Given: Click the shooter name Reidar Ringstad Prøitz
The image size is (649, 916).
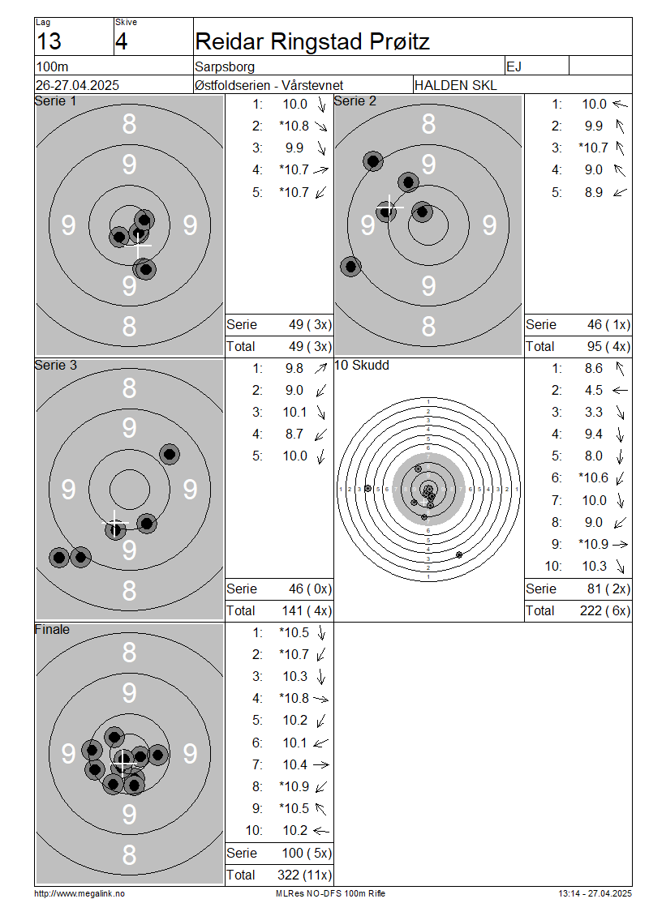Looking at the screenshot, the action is [312, 41].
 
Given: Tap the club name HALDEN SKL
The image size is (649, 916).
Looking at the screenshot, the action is [455, 85].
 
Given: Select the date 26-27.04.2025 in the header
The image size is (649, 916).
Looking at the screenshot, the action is [77, 85].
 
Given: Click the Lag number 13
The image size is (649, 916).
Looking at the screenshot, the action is [49, 41].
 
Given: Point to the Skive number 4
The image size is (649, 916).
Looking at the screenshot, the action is [121, 41].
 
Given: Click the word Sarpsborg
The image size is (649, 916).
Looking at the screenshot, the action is [225, 66].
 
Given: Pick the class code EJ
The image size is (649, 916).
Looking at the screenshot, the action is [514, 66].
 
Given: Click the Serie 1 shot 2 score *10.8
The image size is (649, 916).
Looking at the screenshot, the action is [294, 126].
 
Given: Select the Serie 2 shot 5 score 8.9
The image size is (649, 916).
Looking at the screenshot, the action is [594, 192].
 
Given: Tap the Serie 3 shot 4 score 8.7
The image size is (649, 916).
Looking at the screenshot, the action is [294, 434].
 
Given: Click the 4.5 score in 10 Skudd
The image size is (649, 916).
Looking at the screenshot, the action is [594, 390].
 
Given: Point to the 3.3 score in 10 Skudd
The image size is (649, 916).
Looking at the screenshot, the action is [594, 413].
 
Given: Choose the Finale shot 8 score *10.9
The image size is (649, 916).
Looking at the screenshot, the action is [294, 786].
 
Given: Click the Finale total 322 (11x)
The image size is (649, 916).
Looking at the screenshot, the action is [304, 875].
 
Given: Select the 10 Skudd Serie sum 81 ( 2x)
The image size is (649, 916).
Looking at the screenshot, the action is [608, 589].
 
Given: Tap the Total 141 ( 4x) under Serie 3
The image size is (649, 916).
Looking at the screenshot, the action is [307, 611].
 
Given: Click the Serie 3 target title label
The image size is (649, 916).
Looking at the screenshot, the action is [55, 365].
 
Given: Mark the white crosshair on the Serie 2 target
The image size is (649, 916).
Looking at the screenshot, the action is [389, 207].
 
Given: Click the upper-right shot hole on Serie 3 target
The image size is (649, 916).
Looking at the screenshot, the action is [170, 454].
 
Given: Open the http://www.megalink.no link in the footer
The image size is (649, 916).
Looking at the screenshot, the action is [80, 893].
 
